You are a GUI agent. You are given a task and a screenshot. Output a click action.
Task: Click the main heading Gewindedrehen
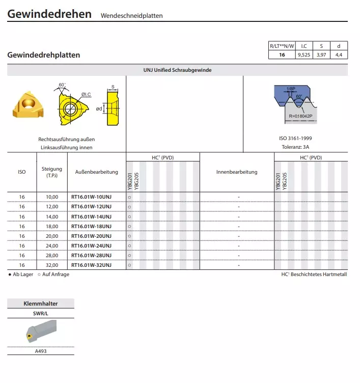[x=49, y=14]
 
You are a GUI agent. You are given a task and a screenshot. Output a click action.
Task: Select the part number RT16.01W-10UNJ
[x=91, y=197]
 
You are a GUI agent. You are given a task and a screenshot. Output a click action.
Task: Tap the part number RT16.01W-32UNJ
[x=91, y=265]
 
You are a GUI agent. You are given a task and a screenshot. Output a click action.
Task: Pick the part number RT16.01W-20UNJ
[x=91, y=236]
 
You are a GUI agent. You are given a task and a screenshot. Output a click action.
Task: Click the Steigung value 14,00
[x=52, y=216]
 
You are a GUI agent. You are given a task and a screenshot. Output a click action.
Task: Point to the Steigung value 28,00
[x=52, y=255]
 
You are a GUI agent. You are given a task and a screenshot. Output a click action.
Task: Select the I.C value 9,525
[x=303, y=55]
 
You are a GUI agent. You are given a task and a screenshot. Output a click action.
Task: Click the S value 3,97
[x=321, y=55]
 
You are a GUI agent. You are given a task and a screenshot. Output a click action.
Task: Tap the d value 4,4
[x=339, y=55]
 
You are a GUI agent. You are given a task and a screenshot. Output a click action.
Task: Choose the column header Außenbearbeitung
[x=96, y=172]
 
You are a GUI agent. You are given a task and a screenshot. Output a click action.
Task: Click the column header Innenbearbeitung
[x=237, y=172]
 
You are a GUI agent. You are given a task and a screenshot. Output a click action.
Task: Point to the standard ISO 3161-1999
[x=295, y=139]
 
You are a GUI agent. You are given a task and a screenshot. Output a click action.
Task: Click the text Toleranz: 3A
[x=295, y=147]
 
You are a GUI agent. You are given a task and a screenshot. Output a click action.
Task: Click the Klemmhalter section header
[x=41, y=304]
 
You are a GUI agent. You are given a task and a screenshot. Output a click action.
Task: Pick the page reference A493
[x=41, y=351]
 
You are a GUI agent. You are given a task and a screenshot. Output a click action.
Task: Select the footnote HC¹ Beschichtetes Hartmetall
[x=314, y=275]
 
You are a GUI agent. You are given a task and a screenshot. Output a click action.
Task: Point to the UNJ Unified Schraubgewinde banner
[x=177, y=70]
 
